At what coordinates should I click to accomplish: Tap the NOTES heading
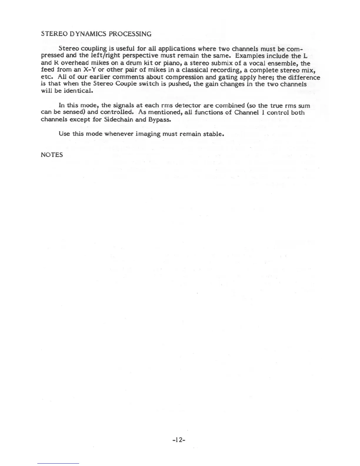point(52,155)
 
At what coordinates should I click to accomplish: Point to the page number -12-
point(179,440)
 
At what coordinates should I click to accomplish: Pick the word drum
point(134,63)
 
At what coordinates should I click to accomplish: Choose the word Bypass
point(160,120)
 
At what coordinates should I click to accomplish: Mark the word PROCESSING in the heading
point(130,34)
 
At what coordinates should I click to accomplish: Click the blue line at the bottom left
point(58,463)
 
